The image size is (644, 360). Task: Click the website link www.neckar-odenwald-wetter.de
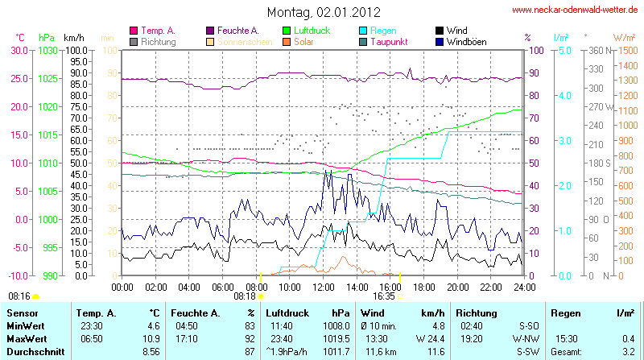pos(575,10)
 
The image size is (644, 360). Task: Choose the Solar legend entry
pos(304,41)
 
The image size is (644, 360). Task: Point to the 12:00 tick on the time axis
pos(324,286)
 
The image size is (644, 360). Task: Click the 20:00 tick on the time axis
pos(457,286)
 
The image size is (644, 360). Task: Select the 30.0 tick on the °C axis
pos(19,50)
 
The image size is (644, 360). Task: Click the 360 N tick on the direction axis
pos(597,50)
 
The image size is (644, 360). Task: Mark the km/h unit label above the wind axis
pos(74,38)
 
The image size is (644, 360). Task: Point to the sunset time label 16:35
pos(383,296)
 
